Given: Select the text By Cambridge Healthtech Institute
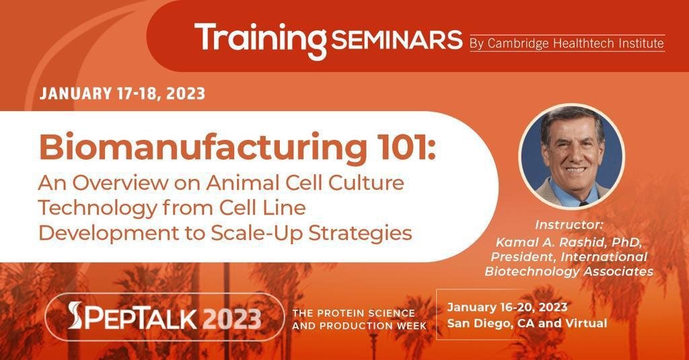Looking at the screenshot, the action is point(567,44).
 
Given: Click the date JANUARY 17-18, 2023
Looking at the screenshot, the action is point(122,94).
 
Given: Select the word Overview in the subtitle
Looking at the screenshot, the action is point(120,183).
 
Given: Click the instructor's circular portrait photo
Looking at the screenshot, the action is point(572,155).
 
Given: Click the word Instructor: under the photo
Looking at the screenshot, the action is point(569,225).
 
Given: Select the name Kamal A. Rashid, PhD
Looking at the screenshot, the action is point(569,242).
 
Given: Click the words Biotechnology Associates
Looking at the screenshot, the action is point(569,271).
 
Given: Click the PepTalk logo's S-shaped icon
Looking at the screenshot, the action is point(75,315).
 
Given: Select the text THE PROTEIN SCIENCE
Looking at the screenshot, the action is point(354,314).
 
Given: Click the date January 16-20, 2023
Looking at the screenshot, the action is point(507,307).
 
